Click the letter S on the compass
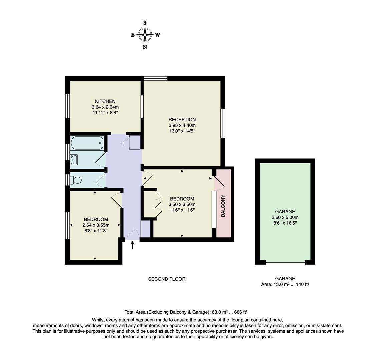[x=145, y=23]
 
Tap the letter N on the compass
[x=145, y=47]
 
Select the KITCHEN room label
[x=105, y=101]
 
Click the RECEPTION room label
[x=182, y=120]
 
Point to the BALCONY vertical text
[x=223, y=206]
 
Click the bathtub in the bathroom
[x=87, y=143]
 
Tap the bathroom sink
[x=74, y=160]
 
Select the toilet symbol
[x=76, y=180]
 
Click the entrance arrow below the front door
[x=133, y=245]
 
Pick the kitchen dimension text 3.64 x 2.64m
[x=105, y=107]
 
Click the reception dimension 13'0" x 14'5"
[x=182, y=131]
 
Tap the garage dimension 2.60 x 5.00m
[x=285, y=217]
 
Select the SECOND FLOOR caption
[x=167, y=279]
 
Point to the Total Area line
[x=186, y=312]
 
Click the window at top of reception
[x=155, y=78]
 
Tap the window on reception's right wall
[x=223, y=123]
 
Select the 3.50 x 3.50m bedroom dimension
[x=182, y=204]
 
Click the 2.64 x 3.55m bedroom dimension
[x=96, y=225]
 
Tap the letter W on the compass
[x=158, y=35]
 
